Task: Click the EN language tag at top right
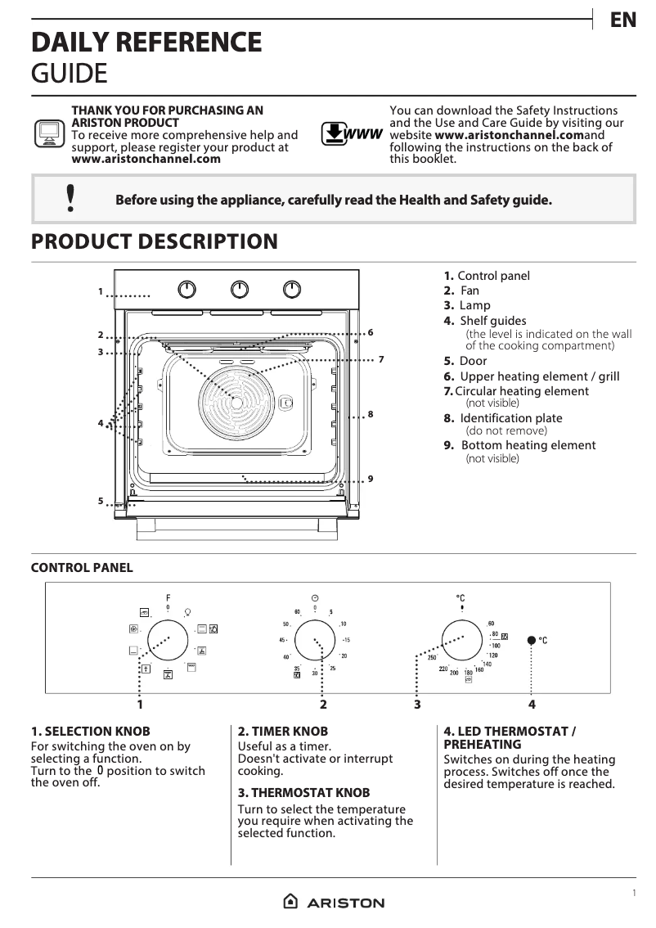[623, 20]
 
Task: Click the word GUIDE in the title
[69, 74]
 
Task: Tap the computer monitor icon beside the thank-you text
[49, 133]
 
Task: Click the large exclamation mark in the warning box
[71, 199]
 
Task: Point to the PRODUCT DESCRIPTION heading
[154, 242]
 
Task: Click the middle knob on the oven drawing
[239, 289]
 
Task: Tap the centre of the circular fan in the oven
[236, 402]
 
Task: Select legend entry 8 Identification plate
[503, 418]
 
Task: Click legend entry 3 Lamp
[467, 305]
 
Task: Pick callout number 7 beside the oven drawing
[381, 359]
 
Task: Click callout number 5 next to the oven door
[101, 501]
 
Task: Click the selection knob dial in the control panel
[168, 639]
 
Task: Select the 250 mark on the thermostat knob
[431, 658]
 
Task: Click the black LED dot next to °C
[532, 640]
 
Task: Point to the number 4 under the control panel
[532, 704]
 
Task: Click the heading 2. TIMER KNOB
[283, 731]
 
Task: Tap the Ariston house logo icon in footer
[290, 902]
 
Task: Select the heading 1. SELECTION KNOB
[90, 731]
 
